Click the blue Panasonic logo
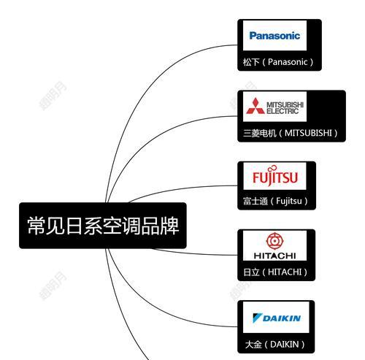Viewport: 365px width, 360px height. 274,36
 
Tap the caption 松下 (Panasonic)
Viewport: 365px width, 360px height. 278,62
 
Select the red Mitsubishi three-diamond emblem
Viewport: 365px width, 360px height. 255,106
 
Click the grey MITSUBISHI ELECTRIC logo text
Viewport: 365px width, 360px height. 285,108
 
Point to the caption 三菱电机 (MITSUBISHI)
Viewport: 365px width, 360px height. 291,133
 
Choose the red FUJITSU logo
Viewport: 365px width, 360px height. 275,177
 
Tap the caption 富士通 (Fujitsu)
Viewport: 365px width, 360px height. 275,201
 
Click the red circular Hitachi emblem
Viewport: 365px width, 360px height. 274,241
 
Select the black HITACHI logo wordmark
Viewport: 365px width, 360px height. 274,256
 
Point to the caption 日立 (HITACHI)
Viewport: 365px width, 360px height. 275,272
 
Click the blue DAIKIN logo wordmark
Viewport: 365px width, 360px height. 282,318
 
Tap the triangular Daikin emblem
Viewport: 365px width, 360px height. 257,318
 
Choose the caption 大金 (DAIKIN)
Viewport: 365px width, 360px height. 274,344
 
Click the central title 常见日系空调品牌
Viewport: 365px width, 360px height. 103,226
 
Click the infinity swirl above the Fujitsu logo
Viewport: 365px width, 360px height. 272,168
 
